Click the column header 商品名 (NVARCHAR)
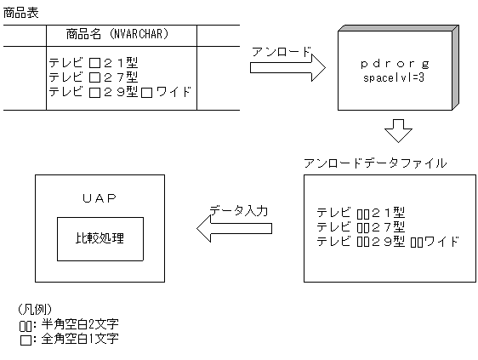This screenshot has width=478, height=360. [118, 34]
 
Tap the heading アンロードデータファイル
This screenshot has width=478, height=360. [375, 162]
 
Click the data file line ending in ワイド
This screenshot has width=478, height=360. [387, 241]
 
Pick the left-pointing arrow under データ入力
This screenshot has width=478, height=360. [234, 227]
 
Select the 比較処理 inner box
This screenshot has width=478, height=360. [100, 237]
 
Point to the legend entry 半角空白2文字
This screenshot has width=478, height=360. [77, 324]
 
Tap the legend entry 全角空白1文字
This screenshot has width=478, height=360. [77, 338]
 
